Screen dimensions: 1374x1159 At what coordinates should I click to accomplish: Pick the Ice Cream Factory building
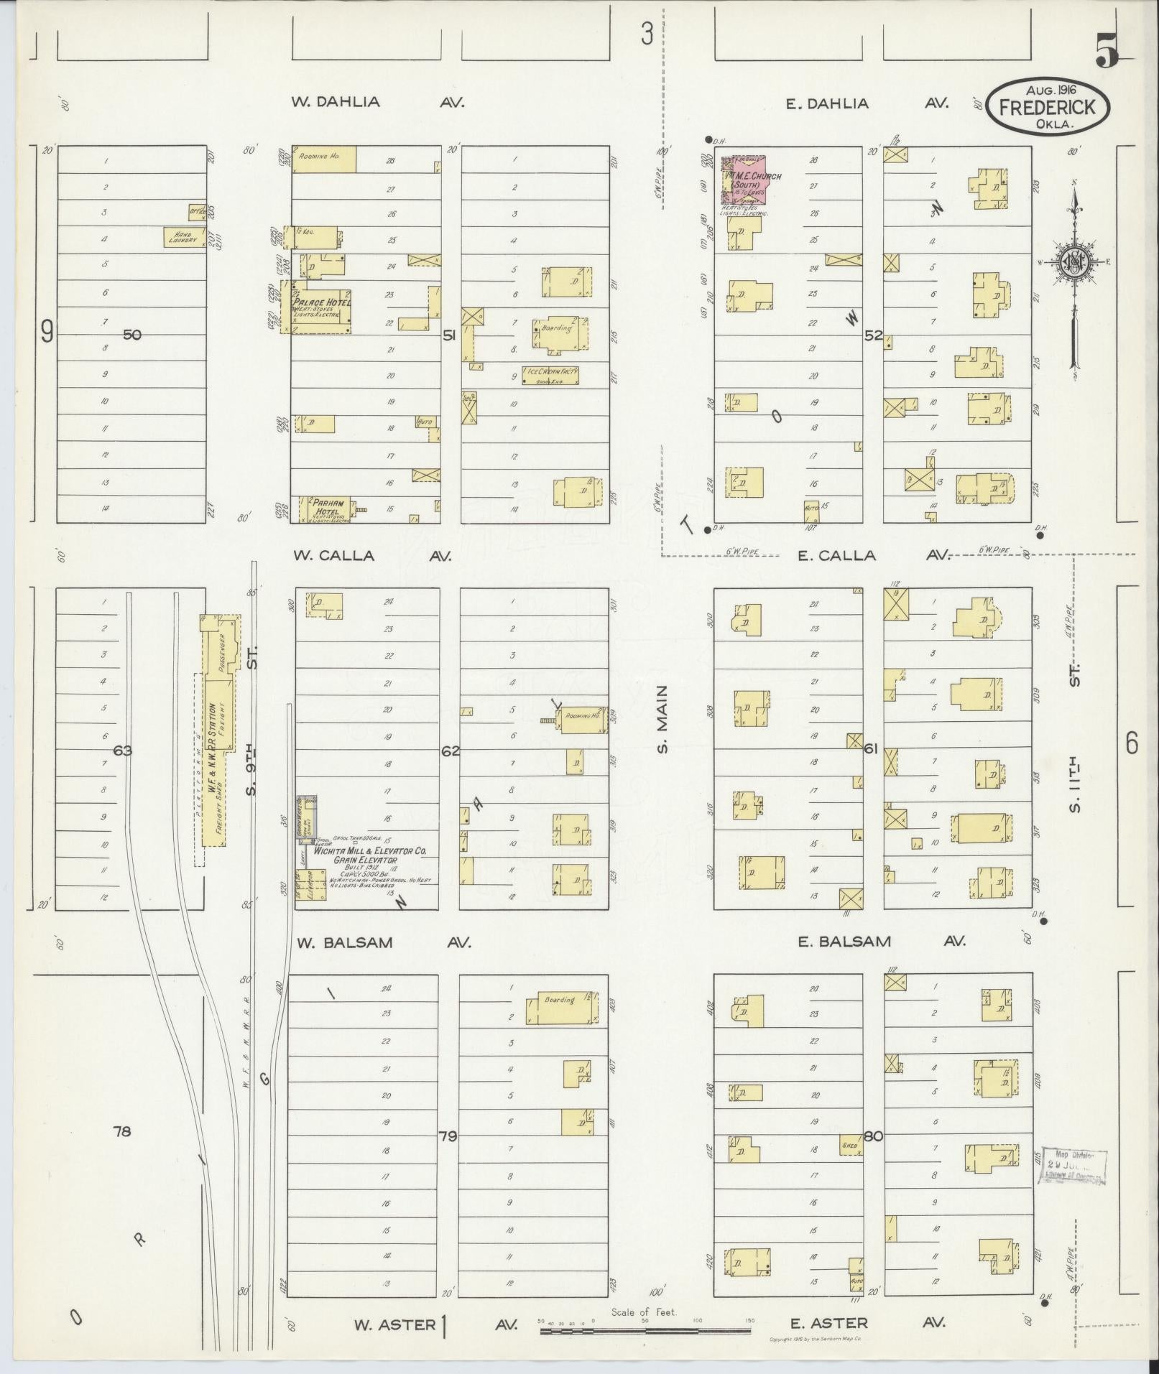(x=550, y=375)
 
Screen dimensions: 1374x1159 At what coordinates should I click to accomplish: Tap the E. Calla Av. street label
(x=874, y=555)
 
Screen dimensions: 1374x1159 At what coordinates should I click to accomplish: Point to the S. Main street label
(x=662, y=719)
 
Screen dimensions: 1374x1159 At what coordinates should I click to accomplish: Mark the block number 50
(x=132, y=334)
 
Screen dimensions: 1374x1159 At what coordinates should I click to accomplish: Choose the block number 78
(x=122, y=1131)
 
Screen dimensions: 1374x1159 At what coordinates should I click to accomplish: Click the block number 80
(x=874, y=1136)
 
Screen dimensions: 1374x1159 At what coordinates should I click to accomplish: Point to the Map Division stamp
(x=1073, y=1166)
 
